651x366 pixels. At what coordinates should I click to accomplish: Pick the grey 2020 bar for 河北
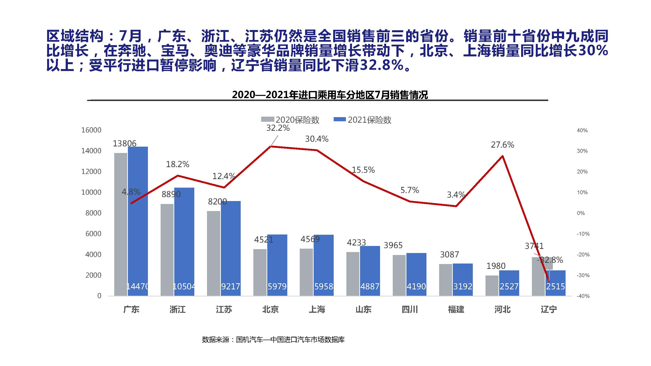492,285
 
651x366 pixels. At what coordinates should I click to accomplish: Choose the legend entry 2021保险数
362,120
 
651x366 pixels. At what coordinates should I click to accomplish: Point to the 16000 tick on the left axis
91,130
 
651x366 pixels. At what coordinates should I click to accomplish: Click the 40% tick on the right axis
582,131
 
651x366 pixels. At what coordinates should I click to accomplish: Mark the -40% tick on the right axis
583,296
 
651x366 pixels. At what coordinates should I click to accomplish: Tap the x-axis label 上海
317,309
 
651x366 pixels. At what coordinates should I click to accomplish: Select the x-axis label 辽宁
549,309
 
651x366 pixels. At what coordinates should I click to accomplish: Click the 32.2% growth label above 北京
278,128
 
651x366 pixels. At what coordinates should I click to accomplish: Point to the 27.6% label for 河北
502,145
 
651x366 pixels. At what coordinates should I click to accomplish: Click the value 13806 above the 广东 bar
124,143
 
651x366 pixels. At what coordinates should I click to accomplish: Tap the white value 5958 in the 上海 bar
323,286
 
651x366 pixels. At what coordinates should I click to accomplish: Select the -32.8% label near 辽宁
550,260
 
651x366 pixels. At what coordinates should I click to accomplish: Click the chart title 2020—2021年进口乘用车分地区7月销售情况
330,95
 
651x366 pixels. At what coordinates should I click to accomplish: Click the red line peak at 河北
502,156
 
